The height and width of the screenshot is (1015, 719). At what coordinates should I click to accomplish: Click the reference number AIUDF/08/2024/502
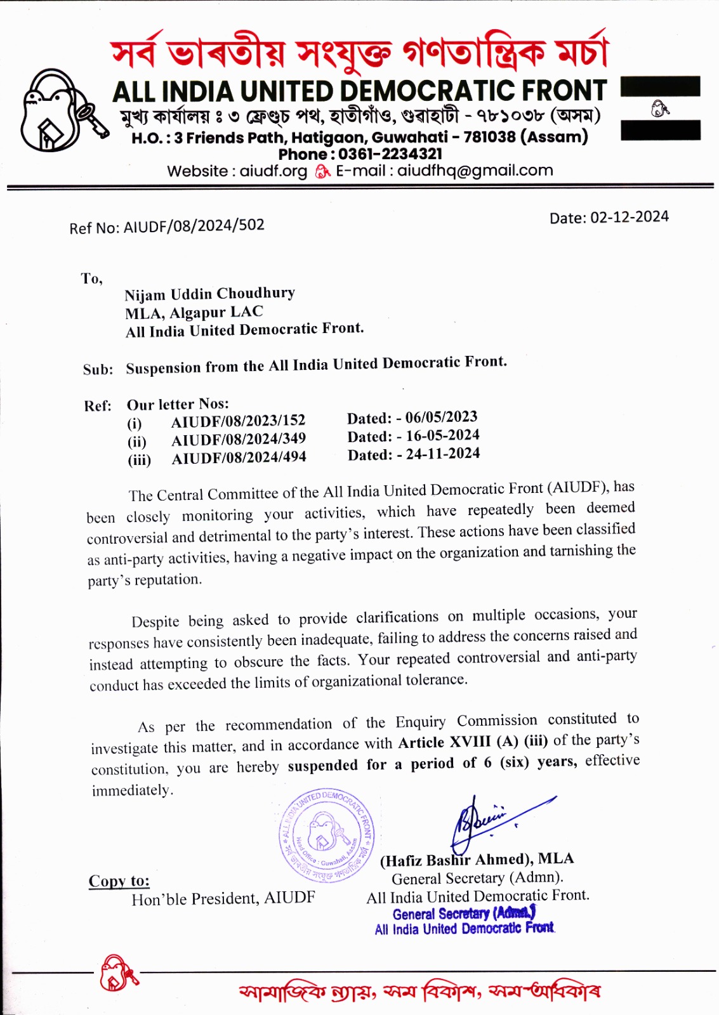[x=194, y=226]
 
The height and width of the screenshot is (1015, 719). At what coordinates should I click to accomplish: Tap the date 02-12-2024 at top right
[x=629, y=217]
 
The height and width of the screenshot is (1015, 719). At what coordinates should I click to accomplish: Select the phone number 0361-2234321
[x=390, y=154]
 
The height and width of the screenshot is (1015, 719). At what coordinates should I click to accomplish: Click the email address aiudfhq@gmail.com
[x=475, y=171]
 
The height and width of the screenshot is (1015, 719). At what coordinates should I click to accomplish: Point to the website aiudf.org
[x=273, y=171]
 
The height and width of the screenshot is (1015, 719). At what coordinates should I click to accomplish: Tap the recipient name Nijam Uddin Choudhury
[x=209, y=294]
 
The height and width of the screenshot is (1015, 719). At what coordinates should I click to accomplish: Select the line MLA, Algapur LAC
[x=194, y=313]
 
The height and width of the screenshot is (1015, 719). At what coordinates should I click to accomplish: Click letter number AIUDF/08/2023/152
[x=238, y=421]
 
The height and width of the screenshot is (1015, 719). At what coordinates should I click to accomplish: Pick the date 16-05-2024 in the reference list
[x=442, y=436]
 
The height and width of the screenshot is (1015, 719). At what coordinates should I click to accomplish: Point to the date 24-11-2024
[x=442, y=454]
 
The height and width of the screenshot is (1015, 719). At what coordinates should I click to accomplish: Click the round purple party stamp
[x=327, y=835]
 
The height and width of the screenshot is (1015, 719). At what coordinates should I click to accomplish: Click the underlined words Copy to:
[x=119, y=881]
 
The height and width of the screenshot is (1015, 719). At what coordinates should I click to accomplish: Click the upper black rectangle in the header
[x=660, y=86]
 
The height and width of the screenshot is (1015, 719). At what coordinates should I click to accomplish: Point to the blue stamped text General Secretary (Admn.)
[x=464, y=913]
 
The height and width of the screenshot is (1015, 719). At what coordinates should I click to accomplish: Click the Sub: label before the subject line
[x=98, y=369]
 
